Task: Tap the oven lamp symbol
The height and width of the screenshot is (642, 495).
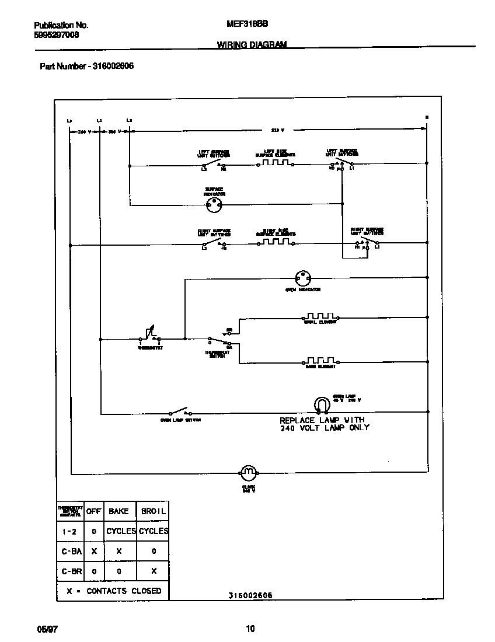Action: (322, 404)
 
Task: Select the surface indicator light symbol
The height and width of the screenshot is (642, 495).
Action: (215, 204)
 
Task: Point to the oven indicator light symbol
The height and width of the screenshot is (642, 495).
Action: (303, 278)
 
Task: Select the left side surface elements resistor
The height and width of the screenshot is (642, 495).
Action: (275, 163)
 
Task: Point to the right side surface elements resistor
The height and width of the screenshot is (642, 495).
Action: (275, 242)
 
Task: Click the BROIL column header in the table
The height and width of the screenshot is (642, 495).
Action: (154, 511)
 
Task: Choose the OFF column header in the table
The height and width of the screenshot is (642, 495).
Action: (94, 511)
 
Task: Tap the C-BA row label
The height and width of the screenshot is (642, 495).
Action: (72, 551)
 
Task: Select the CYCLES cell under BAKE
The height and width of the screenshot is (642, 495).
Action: (121, 531)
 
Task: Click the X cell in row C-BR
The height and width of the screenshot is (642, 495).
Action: (154, 571)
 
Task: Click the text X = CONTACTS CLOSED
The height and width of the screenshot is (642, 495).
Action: (113, 591)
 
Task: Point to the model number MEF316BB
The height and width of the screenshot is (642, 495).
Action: (247, 25)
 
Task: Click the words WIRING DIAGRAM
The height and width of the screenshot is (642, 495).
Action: (252, 44)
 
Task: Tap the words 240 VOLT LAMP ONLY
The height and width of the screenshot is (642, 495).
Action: (325, 428)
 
